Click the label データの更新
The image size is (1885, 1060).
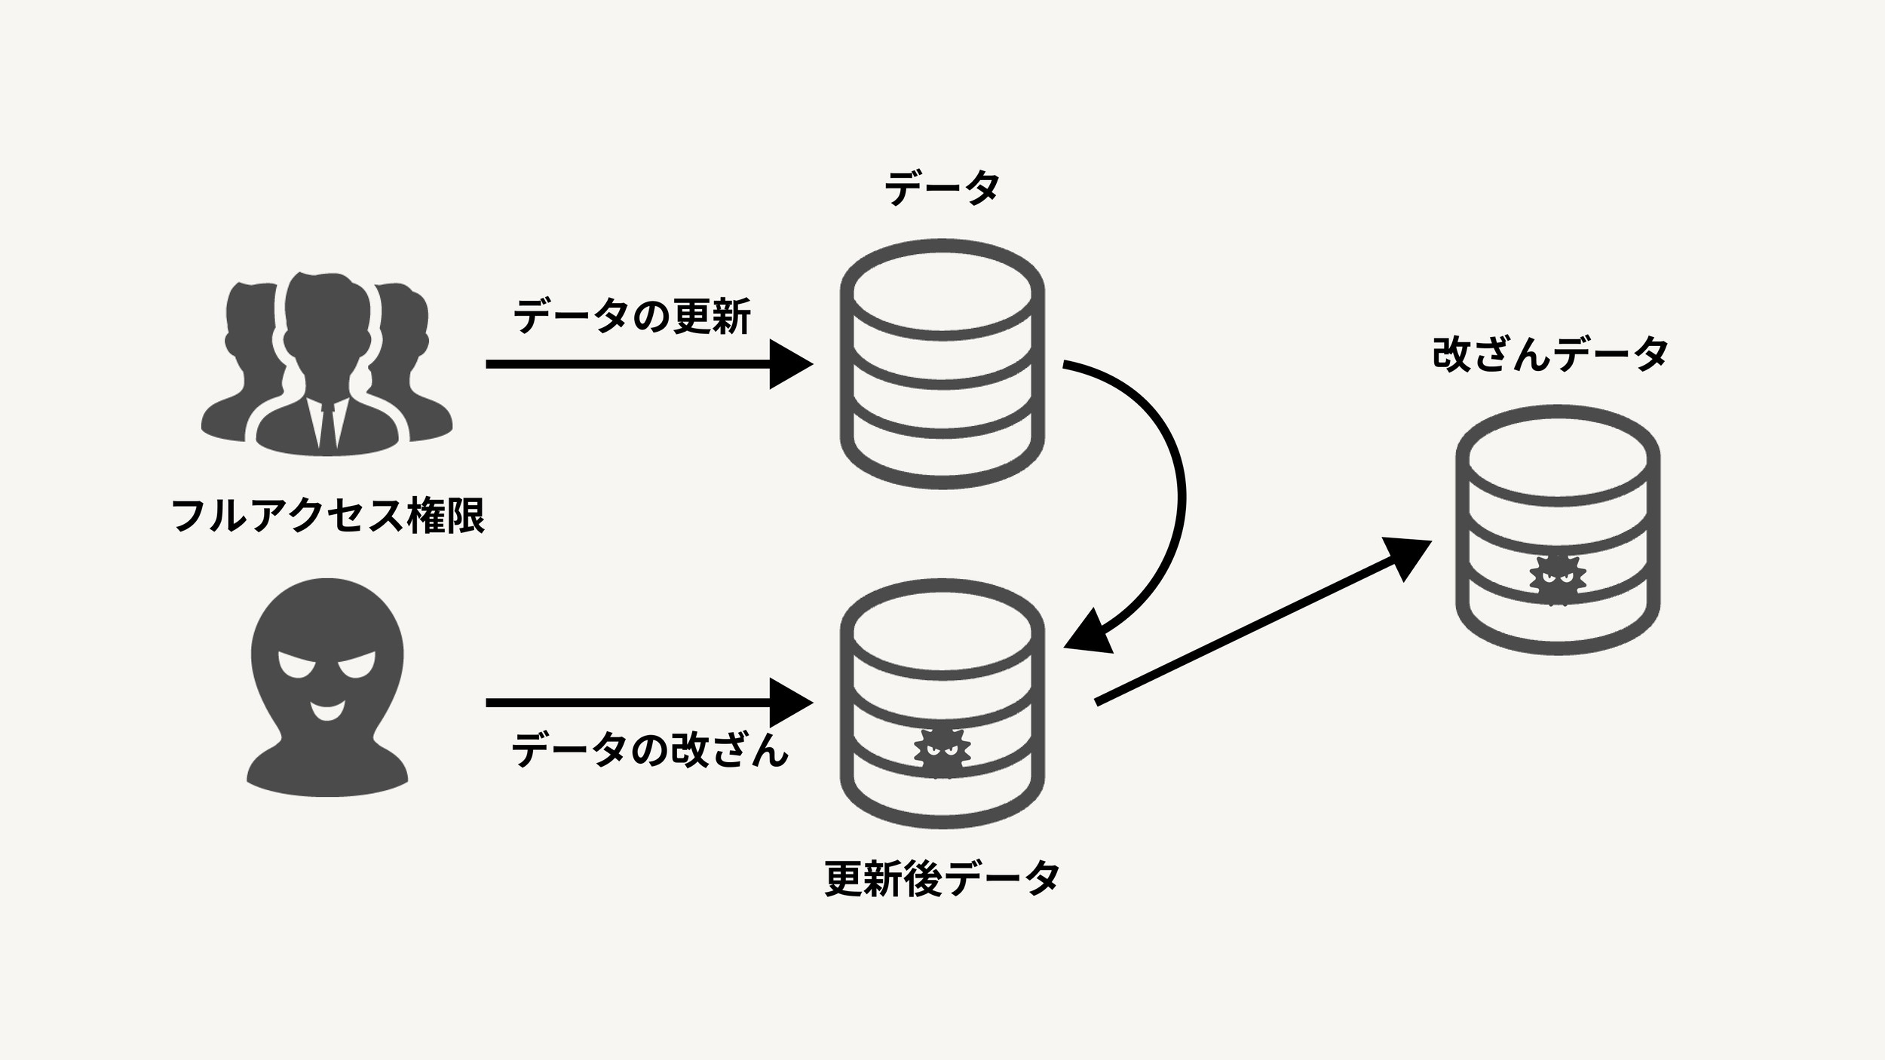[x=632, y=317]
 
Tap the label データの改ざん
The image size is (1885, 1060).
[x=649, y=750]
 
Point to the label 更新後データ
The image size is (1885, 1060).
[x=942, y=878]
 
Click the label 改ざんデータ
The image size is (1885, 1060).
[x=1550, y=354]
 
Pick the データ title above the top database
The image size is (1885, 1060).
[x=942, y=188]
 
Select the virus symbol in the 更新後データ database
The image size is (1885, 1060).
[x=942, y=752]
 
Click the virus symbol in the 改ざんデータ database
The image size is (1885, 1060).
[x=1558, y=580]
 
